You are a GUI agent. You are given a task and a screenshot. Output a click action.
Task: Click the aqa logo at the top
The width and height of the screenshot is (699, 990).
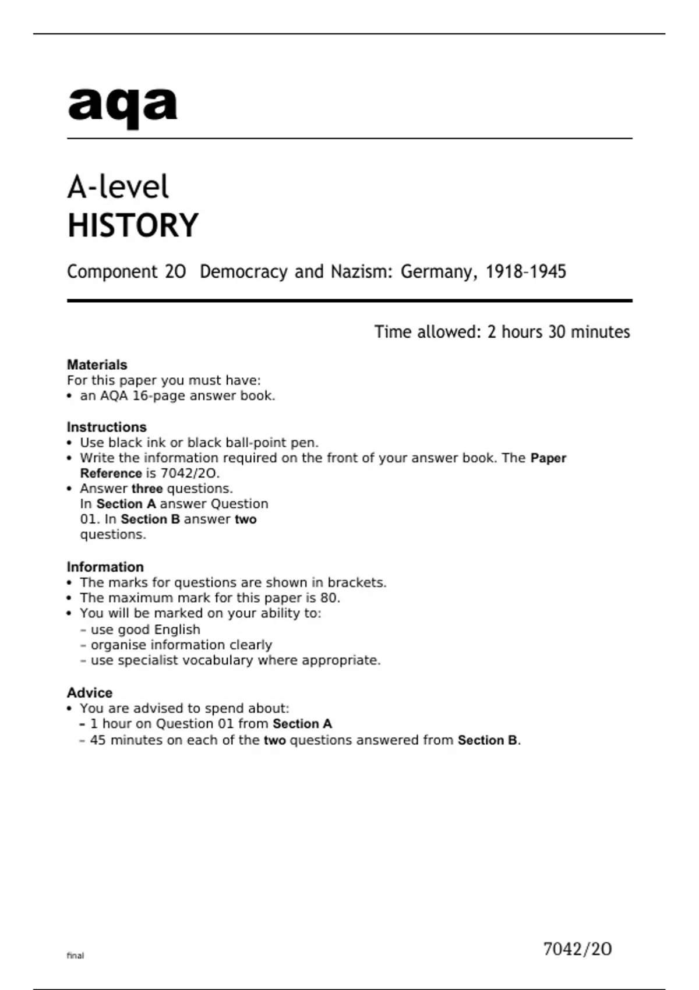click(x=122, y=106)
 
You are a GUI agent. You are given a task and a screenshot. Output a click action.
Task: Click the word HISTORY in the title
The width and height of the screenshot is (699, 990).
click(x=133, y=226)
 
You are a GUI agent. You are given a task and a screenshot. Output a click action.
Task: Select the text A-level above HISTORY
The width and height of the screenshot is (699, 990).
click(x=118, y=188)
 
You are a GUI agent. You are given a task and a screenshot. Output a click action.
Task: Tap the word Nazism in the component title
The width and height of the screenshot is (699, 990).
click(x=356, y=272)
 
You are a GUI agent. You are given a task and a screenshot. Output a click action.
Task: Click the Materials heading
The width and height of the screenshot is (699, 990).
click(x=97, y=365)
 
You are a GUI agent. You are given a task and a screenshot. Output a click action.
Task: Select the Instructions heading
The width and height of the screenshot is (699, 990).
click(x=107, y=427)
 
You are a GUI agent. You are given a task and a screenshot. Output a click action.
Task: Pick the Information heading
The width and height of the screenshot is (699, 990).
click(x=105, y=567)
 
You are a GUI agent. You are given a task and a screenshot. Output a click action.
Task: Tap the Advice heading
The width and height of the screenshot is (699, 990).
click(x=90, y=693)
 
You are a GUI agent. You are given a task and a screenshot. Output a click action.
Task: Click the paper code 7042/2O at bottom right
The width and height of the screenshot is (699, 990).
click(x=577, y=950)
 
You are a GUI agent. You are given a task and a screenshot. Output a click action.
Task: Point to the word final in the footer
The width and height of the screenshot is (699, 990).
click(x=75, y=956)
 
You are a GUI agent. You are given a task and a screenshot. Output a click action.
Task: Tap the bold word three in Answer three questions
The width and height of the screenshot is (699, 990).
click(x=147, y=489)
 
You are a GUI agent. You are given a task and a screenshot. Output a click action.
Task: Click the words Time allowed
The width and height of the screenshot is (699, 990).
click(x=424, y=332)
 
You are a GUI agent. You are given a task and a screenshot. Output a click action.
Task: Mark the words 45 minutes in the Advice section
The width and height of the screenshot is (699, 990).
click(x=125, y=740)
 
